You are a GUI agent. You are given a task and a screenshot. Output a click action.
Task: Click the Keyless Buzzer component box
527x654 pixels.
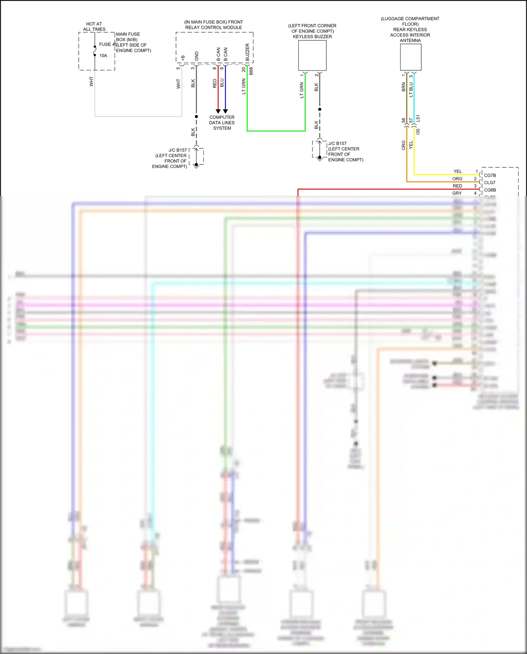coord(312,56)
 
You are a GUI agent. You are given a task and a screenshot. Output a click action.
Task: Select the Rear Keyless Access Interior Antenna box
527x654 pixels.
coord(411,57)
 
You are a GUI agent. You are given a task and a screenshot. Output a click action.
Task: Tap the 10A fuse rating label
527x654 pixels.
coord(103,56)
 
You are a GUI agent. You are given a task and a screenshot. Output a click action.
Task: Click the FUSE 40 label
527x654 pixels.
coord(108,44)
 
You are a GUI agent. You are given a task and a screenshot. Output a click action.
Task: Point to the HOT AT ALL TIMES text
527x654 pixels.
coord(94,27)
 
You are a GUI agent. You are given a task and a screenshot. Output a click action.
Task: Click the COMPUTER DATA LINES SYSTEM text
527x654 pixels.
coord(222,123)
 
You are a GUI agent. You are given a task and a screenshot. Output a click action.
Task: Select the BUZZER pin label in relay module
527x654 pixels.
coord(247,52)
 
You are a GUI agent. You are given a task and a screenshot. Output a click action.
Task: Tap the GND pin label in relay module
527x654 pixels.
coord(197,56)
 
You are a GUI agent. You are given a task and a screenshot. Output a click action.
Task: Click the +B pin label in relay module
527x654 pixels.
coord(183,58)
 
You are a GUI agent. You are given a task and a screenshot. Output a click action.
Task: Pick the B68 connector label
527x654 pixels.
coord(251,71)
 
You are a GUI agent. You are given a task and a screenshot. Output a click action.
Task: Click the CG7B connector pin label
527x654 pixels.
coord(490,175)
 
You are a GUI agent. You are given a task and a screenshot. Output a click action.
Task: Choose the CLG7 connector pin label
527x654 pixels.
coord(490,183)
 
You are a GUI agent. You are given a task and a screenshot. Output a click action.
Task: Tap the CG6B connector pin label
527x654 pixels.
coord(490,190)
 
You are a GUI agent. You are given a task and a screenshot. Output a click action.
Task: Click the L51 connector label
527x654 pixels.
coord(418,118)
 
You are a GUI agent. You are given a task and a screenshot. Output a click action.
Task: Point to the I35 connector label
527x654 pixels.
coord(418,132)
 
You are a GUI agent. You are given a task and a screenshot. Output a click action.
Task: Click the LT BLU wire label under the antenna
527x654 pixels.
coord(411,90)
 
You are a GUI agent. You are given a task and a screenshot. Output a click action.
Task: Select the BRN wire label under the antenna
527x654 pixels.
coord(404,87)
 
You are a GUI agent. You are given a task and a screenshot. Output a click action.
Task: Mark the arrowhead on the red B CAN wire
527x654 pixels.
coord(218,111)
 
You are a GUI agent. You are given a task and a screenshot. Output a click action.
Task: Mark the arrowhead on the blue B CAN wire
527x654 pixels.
coord(226,111)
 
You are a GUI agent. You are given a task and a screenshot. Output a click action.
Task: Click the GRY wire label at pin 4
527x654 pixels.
coord(457,193)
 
